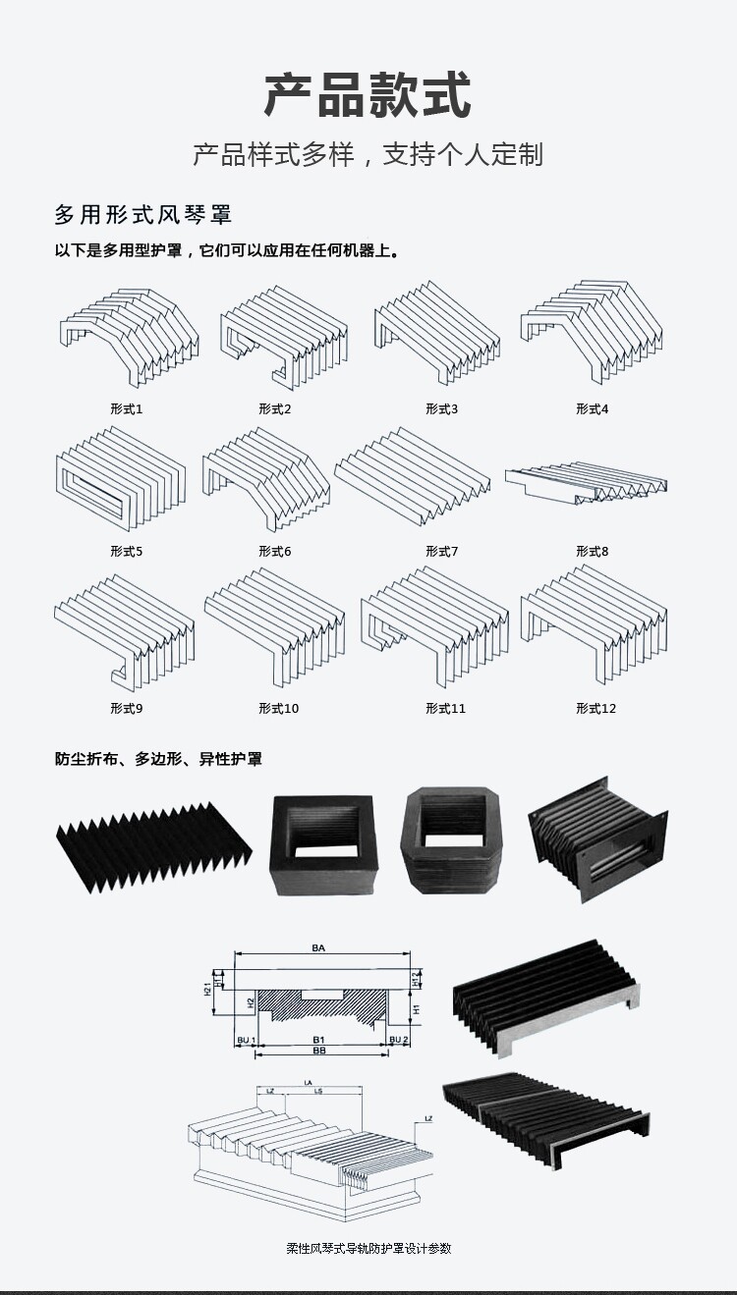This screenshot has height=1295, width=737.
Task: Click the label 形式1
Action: coord(126,408)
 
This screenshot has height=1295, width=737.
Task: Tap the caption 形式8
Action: coord(592,551)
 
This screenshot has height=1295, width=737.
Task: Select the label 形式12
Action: coord(595,708)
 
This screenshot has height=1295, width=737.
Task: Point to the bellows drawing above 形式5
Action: coord(119,477)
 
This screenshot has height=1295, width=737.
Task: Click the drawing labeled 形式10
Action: coord(275,629)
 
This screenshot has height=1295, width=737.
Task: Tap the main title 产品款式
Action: coord(368,95)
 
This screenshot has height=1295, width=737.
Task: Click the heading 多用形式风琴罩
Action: coord(142,214)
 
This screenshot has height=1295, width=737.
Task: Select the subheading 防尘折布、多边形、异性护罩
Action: coord(158,759)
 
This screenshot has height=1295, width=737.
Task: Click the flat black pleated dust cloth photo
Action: coord(152,839)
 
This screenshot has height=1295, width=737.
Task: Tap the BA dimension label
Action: coord(318,948)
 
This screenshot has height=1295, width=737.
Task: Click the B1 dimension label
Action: coord(318,1038)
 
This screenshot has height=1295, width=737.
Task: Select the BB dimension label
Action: coord(318,1051)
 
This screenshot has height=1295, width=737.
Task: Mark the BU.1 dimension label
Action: coord(246,1039)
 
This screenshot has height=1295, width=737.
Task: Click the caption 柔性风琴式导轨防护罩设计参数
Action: coord(368,1248)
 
